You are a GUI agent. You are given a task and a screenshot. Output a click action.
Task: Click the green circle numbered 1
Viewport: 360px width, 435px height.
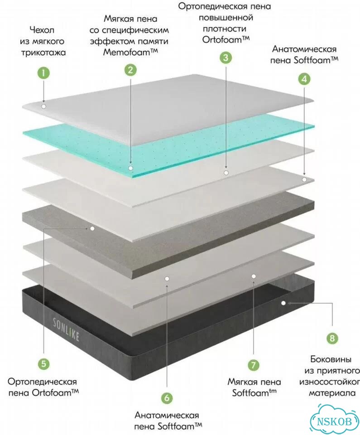43,73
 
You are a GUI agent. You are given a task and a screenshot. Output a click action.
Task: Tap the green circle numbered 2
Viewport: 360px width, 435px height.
130,69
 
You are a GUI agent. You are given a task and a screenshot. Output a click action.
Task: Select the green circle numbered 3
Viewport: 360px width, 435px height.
226,58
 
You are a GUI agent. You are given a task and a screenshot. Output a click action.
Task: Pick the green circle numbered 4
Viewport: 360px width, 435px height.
304,79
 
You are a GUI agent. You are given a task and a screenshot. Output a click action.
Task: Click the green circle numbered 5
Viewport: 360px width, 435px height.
44,363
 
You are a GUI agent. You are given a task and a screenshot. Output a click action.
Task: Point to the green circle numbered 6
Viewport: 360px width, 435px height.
167,398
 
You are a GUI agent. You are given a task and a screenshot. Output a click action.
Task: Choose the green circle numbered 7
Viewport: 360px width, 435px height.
254,364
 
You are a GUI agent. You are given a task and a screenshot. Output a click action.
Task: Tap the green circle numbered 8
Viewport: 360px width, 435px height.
332,338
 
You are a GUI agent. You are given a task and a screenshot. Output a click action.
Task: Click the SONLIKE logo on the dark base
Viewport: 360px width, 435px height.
66,329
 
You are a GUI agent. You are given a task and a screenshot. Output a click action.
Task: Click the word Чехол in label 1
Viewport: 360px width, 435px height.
42,30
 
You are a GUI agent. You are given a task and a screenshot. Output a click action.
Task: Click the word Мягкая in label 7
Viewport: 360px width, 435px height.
241,382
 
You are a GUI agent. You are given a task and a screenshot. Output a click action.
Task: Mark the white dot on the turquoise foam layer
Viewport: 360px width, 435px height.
131,168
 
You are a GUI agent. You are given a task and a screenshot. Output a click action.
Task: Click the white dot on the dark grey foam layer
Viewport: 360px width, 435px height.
92,228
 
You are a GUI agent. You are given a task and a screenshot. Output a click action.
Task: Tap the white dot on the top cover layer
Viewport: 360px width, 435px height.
43,106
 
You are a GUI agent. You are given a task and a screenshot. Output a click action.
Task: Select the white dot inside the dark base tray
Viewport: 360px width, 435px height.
283,303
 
